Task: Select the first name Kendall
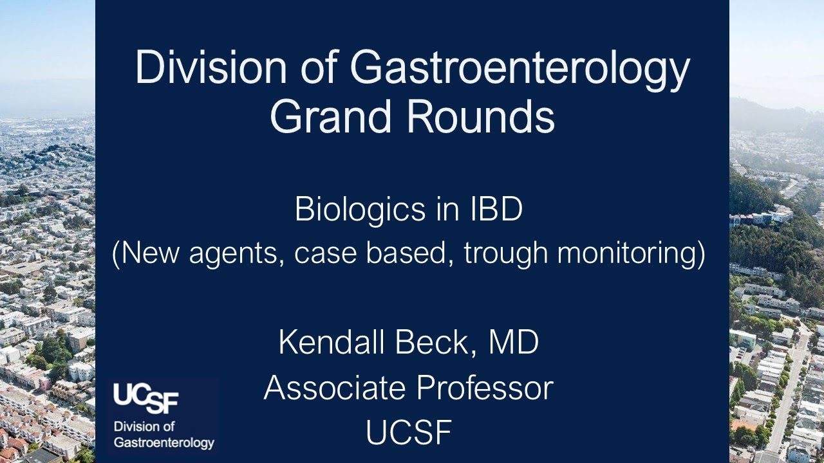coord(324,342)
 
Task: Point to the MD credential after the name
coord(514,342)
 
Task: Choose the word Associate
coord(334,388)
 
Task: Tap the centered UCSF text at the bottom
coord(408,433)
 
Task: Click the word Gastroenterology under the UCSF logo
coord(164,443)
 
